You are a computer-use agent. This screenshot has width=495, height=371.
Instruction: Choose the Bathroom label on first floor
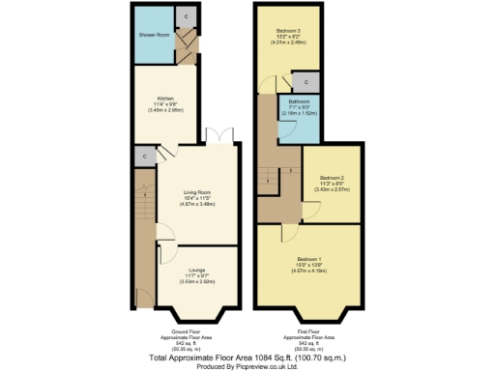(x=298, y=101)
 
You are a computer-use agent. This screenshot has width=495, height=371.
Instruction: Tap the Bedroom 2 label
(x=330, y=178)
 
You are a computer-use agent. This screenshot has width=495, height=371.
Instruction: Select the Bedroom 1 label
(x=307, y=259)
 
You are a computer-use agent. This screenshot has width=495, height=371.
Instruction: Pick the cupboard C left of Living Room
(x=143, y=155)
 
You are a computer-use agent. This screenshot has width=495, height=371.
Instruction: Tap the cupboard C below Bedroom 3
(x=306, y=81)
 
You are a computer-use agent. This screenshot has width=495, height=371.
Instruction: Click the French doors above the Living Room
(x=223, y=135)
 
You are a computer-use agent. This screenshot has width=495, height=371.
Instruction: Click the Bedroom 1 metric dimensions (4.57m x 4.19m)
(x=307, y=272)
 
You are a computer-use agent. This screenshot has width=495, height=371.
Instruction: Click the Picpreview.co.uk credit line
(x=247, y=364)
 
